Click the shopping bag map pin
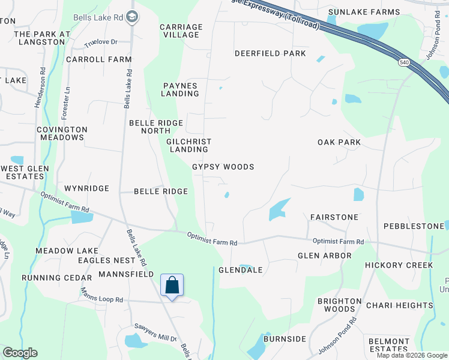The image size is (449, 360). pos(172,285)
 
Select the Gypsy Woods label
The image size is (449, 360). pos(223,167)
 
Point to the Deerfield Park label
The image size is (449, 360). pos(270,53)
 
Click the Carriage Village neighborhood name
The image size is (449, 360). pos(181,31)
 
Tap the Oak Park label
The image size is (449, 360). pos(339,142)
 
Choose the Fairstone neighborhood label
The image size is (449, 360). pos(334,217)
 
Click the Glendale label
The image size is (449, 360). pos(241,270)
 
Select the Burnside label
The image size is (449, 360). pos(285,339)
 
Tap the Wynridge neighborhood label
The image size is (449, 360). pos(86,188)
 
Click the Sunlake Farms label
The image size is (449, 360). pos(364,12)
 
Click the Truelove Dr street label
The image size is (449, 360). pos(100,43)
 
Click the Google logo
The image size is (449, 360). pos(20,353)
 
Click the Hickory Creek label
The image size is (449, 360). pos(399,265)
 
